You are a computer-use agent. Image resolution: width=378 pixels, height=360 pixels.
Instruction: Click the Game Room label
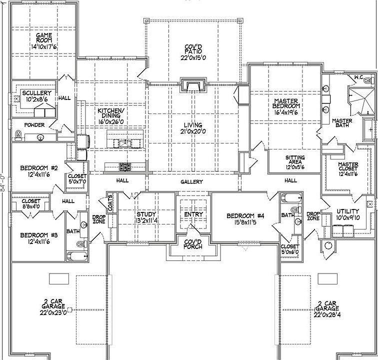[44, 39]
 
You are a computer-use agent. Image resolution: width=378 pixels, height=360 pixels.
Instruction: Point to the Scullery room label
[36, 93]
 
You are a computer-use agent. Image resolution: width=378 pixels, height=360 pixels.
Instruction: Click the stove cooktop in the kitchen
[124, 166]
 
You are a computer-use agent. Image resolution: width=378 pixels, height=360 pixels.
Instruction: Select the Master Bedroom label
[286, 103]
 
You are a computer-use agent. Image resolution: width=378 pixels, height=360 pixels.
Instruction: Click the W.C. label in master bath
[358, 77]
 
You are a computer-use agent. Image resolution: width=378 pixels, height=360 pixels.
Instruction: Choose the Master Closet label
[347, 167]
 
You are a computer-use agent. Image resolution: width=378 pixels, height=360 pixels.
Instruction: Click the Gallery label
[191, 181]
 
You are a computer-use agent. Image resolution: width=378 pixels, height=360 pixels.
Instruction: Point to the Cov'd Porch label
[192, 245]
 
